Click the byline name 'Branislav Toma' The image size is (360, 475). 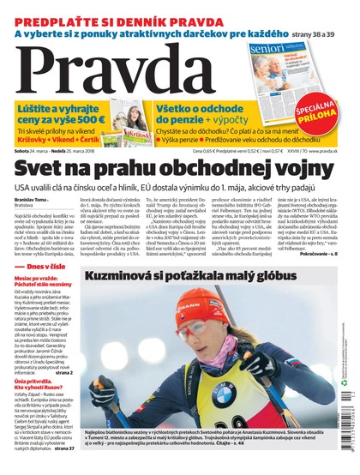coord(29,200)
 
